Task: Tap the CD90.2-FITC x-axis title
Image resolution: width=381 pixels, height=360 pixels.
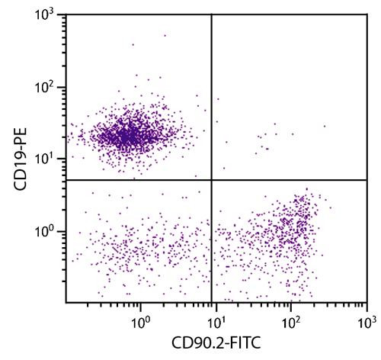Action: [216, 344]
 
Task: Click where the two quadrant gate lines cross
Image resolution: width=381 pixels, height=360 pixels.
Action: [211, 180]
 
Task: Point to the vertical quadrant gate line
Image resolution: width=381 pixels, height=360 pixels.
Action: [211, 92]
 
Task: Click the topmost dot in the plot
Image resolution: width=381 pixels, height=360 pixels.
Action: [164, 35]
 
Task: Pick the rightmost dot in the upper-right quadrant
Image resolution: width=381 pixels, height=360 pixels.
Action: [324, 127]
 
